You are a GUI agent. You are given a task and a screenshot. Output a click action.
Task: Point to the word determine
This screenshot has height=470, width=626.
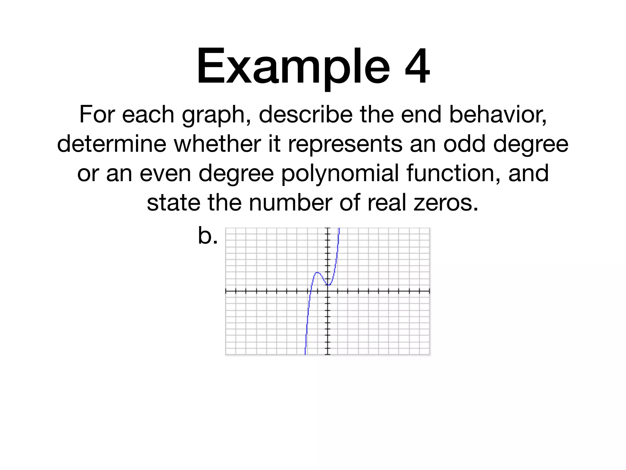point(112,144)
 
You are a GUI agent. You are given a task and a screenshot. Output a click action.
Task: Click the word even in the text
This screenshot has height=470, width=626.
point(165,173)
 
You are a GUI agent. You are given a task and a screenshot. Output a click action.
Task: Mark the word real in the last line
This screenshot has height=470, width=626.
point(387,203)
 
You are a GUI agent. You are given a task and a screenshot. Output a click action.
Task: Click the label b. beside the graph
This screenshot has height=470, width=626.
point(208,236)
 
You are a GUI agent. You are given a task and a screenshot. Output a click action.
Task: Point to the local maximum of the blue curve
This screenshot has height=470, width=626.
point(317,272)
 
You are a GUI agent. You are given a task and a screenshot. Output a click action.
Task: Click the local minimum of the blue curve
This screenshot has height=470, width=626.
point(328,285)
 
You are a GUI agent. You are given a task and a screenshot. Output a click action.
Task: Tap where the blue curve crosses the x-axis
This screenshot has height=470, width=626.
point(310,291)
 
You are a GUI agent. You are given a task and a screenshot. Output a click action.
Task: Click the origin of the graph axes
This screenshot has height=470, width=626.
point(328,291)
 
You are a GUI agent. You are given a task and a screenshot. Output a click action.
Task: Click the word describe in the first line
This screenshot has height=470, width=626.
point(306,114)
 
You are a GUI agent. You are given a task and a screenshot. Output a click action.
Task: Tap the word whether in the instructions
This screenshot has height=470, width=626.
point(217,144)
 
